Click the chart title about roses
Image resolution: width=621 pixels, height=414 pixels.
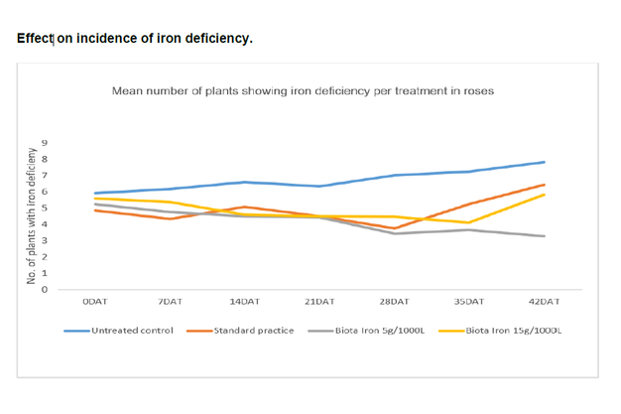[303, 90]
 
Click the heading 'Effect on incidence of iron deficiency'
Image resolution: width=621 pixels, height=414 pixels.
[135, 39]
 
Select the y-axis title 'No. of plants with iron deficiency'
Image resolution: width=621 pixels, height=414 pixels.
[33, 217]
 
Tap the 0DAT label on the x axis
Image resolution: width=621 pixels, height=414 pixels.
[95, 301]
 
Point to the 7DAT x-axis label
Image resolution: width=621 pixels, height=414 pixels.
[171, 301]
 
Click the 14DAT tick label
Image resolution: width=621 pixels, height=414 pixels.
[245, 301]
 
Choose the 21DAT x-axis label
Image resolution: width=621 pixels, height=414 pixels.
[319, 301]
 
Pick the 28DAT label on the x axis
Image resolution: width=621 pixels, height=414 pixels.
[394, 301]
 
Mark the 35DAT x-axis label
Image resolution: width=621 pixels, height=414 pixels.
[468, 301]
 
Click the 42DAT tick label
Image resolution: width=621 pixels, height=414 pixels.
[544, 301]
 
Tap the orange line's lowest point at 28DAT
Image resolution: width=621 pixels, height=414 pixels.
[395, 228]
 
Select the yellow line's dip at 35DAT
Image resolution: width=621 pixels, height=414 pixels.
[469, 222]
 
